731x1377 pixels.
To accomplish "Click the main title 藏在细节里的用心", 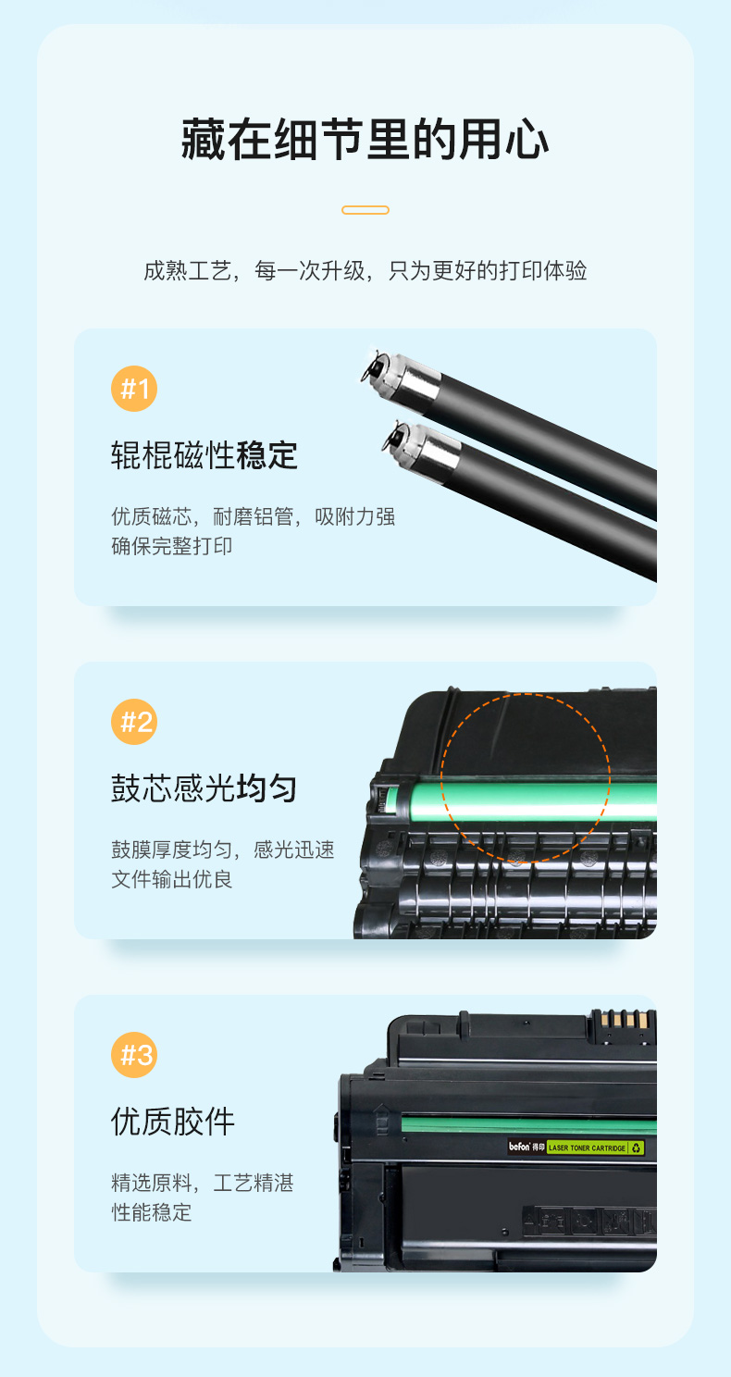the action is click(365, 140).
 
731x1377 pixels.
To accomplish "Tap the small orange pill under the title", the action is click(365, 210).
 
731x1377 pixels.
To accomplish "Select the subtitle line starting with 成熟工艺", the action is click(365, 270).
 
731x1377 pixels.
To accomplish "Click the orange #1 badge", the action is click(134, 389).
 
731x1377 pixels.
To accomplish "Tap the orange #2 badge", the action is click(134, 722).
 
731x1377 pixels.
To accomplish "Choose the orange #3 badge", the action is click(134, 1055).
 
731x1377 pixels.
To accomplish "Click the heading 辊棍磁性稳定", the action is click(204, 455).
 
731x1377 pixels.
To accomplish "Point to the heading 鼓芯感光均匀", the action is click(204, 788).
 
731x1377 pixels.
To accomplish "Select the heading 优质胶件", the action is click(173, 1122).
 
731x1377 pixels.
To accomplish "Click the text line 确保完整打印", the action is click(171, 546).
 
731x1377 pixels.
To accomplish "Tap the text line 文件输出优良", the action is click(171, 879).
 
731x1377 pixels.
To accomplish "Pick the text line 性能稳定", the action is click(151, 1212).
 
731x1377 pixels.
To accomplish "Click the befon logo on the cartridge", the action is click(519, 1147).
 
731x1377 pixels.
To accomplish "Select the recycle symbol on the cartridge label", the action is click(637, 1147).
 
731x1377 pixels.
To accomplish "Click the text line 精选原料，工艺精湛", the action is click(203, 1183).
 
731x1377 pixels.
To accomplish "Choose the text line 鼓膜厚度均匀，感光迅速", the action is click(223, 850).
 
